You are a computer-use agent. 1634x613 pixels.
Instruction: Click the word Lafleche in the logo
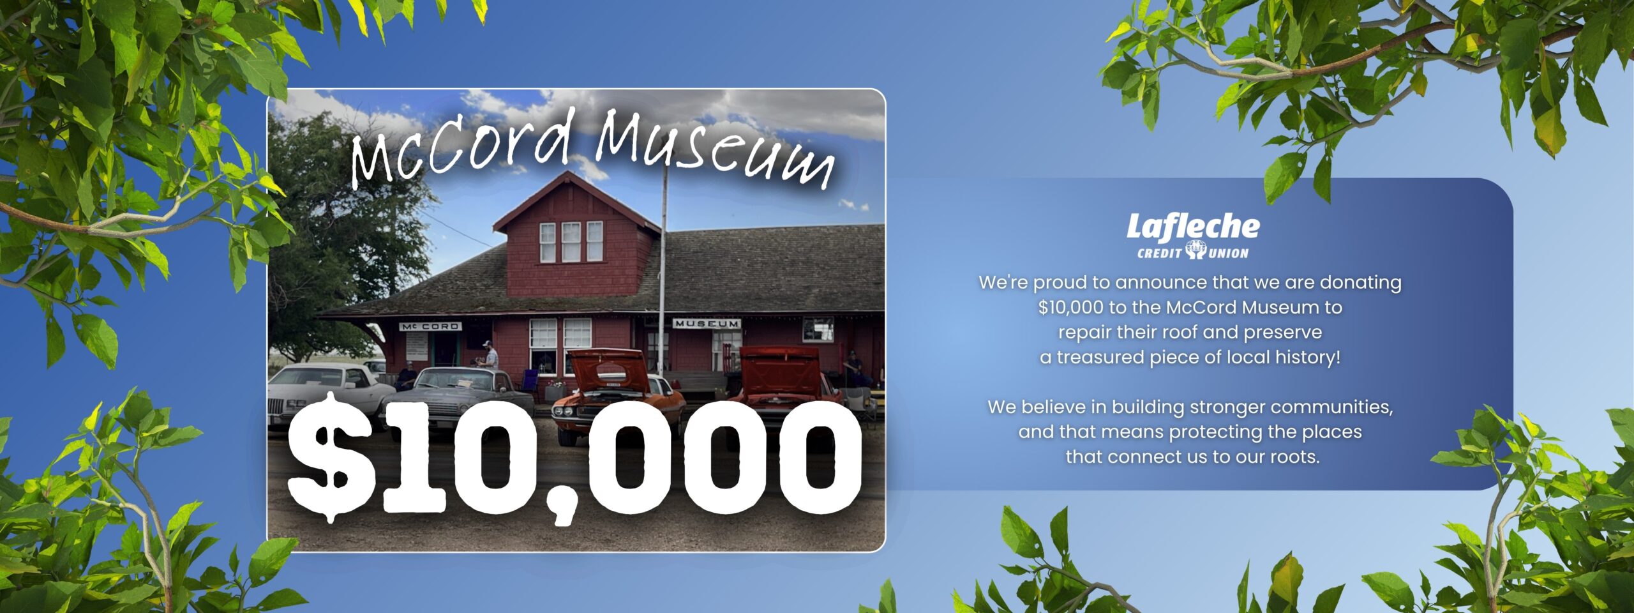tap(1193, 227)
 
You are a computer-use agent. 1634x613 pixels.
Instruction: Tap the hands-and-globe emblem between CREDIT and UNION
tap(1195, 250)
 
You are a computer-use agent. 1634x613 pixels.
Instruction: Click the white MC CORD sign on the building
tap(430, 326)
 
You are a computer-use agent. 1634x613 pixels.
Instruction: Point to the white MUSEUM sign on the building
tap(707, 324)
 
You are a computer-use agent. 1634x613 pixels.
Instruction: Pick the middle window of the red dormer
tap(571, 242)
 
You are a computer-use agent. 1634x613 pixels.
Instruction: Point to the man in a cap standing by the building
tap(489, 355)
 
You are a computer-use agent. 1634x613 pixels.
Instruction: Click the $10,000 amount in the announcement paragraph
tap(1070, 308)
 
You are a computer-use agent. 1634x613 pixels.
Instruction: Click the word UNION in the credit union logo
tap(1228, 254)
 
